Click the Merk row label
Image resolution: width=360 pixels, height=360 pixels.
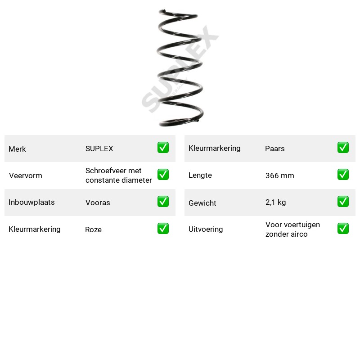tap(17, 149)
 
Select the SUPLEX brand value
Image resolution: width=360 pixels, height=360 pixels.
tap(99, 148)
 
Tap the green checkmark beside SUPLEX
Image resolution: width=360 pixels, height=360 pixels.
tap(163, 148)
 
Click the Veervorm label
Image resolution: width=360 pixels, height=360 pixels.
tap(26, 175)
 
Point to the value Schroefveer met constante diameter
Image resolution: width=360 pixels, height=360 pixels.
tap(118, 175)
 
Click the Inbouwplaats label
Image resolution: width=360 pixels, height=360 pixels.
tap(31, 202)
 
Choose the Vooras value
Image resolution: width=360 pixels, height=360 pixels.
tap(98, 202)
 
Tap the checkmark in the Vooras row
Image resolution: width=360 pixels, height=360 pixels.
tap(163, 201)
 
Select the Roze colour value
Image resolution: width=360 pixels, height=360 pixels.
tap(93, 229)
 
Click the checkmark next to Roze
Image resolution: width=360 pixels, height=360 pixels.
tap(163, 229)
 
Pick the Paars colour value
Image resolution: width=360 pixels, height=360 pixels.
tap(275, 148)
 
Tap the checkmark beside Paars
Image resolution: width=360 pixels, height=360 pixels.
tap(343, 148)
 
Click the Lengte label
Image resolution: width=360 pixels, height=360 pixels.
tap(200, 175)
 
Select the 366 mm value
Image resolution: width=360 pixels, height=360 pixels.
tap(279, 175)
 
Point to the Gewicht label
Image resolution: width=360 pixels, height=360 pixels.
tap(202, 203)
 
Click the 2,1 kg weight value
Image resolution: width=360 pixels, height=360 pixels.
tap(275, 202)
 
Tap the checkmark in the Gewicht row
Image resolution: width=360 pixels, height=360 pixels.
tap(343, 201)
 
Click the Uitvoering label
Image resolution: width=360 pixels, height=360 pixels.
tap(206, 229)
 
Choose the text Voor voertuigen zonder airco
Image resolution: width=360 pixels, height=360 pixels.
tap(292, 229)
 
